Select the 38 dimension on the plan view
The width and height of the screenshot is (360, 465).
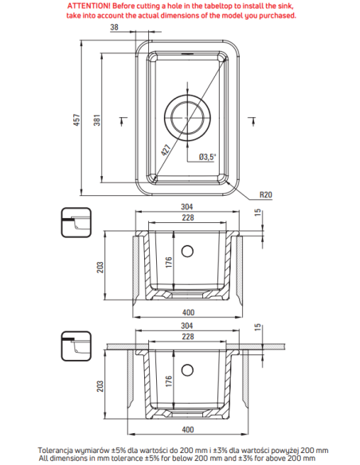click(114, 27)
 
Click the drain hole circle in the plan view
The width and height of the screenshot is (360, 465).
click(188, 116)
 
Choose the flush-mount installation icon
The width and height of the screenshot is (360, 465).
click(77, 221)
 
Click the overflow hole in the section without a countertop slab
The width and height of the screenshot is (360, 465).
click(188, 252)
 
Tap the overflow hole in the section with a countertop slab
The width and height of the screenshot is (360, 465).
click(188, 369)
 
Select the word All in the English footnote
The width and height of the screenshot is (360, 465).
click(45, 459)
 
